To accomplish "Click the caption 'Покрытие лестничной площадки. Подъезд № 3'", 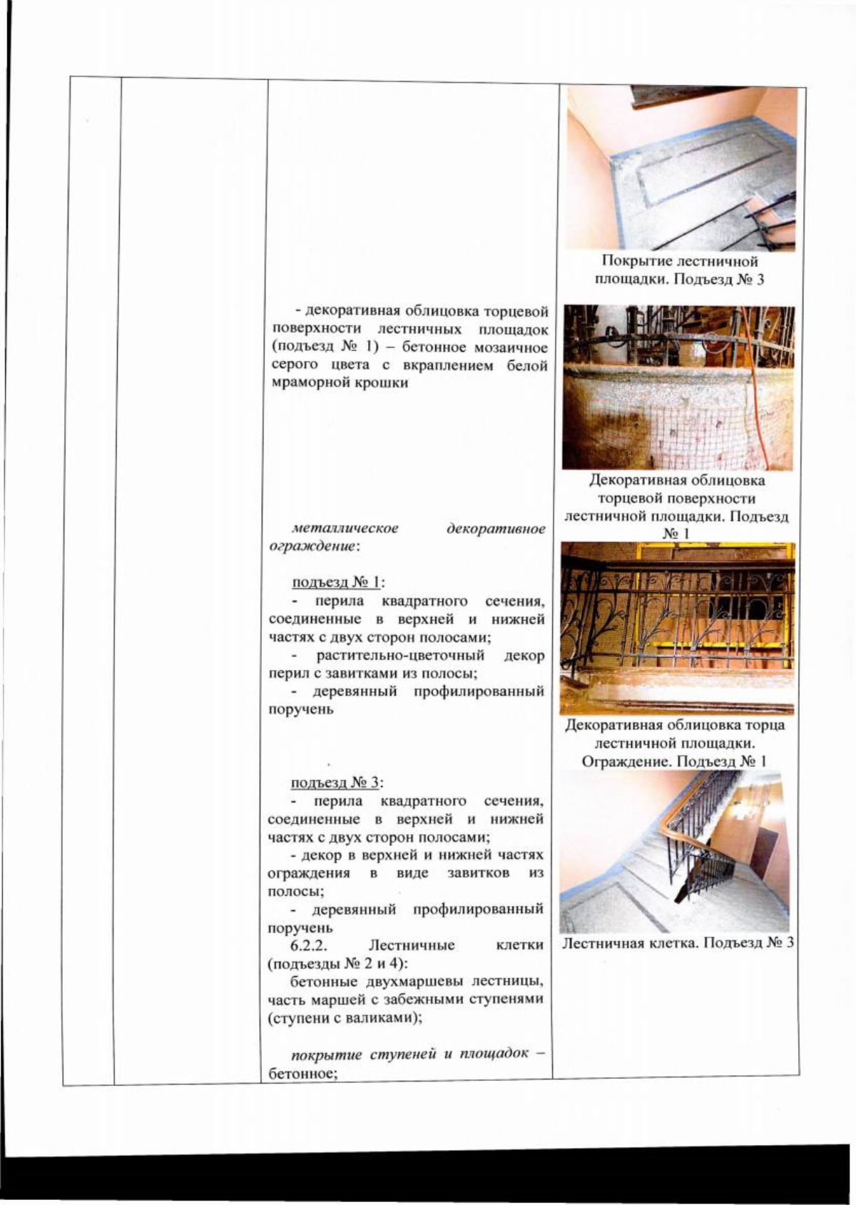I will pos(679,270).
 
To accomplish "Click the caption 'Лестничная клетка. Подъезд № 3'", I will pos(678,943).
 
